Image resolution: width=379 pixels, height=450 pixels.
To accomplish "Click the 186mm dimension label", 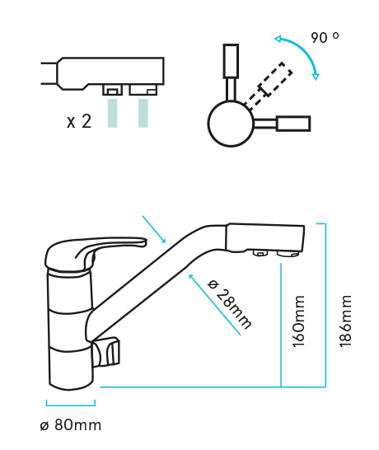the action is [x=346, y=321].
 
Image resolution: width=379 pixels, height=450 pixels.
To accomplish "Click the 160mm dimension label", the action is [x=298, y=321].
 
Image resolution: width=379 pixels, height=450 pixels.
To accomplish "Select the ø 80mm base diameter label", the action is [x=71, y=425].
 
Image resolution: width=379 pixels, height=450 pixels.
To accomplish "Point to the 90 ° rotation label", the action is [x=325, y=38].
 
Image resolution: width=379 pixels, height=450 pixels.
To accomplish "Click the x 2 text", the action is [x=79, y=121].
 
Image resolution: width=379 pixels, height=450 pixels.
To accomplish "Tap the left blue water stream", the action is [x=113, y=113].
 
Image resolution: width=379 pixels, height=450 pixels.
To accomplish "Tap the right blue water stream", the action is [x=143, y=113].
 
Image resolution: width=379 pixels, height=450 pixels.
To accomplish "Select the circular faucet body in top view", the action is [x=231, y=124].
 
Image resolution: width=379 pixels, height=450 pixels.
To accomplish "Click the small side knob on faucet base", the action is [x=105, y=352].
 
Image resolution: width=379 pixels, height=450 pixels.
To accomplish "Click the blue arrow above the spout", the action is [x=154, y=229].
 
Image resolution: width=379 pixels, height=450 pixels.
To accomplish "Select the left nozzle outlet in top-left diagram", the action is [x=113, y=90].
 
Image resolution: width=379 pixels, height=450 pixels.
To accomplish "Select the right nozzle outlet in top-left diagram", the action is [x=143, y=90].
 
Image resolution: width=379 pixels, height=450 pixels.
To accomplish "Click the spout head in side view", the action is [x=264, y=239].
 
